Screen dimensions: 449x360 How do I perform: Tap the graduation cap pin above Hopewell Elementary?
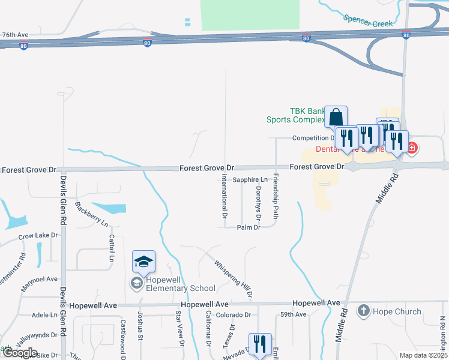coord(144,262)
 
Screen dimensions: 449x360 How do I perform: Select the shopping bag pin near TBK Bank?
coord(336,116)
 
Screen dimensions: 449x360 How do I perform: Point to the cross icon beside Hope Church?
coord(363,311)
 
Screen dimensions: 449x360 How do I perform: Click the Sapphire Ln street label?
coord(250,179)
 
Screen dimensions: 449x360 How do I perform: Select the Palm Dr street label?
coord(249,227)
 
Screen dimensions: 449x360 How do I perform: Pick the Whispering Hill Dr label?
coord(234,279)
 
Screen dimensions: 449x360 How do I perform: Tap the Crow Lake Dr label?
coord(38,236)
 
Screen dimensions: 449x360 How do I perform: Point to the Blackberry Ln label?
coord(92,214)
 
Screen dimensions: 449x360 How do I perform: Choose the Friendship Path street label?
coord(276,196)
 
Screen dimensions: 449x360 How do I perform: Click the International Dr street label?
coord(225,196)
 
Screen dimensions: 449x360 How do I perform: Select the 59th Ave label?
coord(293,314)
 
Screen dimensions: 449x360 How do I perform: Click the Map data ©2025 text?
coord(423,355)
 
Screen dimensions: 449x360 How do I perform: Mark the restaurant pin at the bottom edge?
coord(260,344)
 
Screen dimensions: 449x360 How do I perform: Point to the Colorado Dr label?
coord(233,314)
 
